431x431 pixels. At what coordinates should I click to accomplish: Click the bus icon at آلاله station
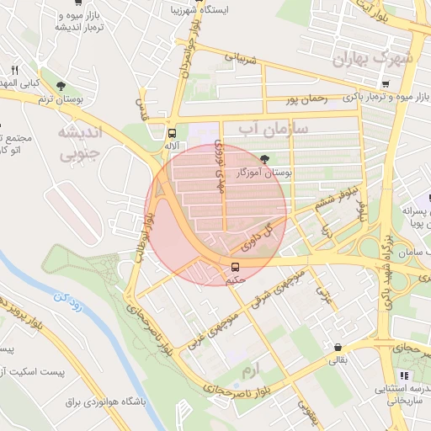pyautogui.click(x=173, y=133)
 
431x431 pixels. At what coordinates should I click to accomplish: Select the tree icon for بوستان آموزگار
pyautogui.click(x=266, y=158)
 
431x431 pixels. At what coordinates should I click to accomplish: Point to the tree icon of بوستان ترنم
pyautogui.click(x=61, y=85)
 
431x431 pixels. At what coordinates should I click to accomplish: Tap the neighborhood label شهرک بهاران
pyautogui.click(x=374, y=58)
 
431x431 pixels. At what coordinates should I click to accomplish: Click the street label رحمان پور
pyautogui.click(x=305, y=99)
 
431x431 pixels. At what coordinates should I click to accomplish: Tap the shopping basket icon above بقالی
pyautogui.click(x=338, y=347)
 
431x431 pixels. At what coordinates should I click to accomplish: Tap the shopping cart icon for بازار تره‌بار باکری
pyautogui.click(x=385, y=83)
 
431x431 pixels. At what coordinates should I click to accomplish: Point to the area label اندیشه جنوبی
pyautogui.click(x=79, y=142)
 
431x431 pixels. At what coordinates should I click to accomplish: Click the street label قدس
pyautogui.click(x=142, y=107)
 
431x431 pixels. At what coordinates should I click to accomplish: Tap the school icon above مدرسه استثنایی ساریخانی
pyautogui.click(x=403, y=375)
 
